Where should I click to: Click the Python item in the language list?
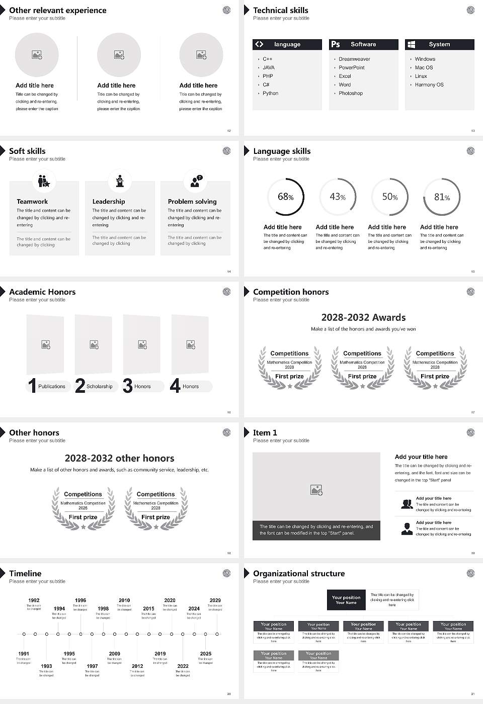(270, 94)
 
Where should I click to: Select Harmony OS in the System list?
(429, 85)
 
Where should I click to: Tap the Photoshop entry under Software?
(351, 94)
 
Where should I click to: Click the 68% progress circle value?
(286, 197)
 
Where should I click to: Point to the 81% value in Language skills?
(442, 197)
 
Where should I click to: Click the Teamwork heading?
(32, 202)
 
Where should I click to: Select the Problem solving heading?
(192, 202)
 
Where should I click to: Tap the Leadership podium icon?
(120, 181)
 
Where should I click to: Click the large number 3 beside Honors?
(128, 386)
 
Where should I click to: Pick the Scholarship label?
(99, 387)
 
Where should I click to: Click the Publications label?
(52, 387)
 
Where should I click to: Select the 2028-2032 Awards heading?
(363, 318)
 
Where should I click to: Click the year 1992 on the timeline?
(34, 600)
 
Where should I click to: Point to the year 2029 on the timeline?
(215, 600)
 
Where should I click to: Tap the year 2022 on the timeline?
(183, 666)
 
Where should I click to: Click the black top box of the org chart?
(346, 600)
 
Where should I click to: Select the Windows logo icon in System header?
(411, 44)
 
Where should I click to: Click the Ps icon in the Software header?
(336, 44)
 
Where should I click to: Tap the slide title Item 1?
(265, 433)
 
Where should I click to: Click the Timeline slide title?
(25, 574)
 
